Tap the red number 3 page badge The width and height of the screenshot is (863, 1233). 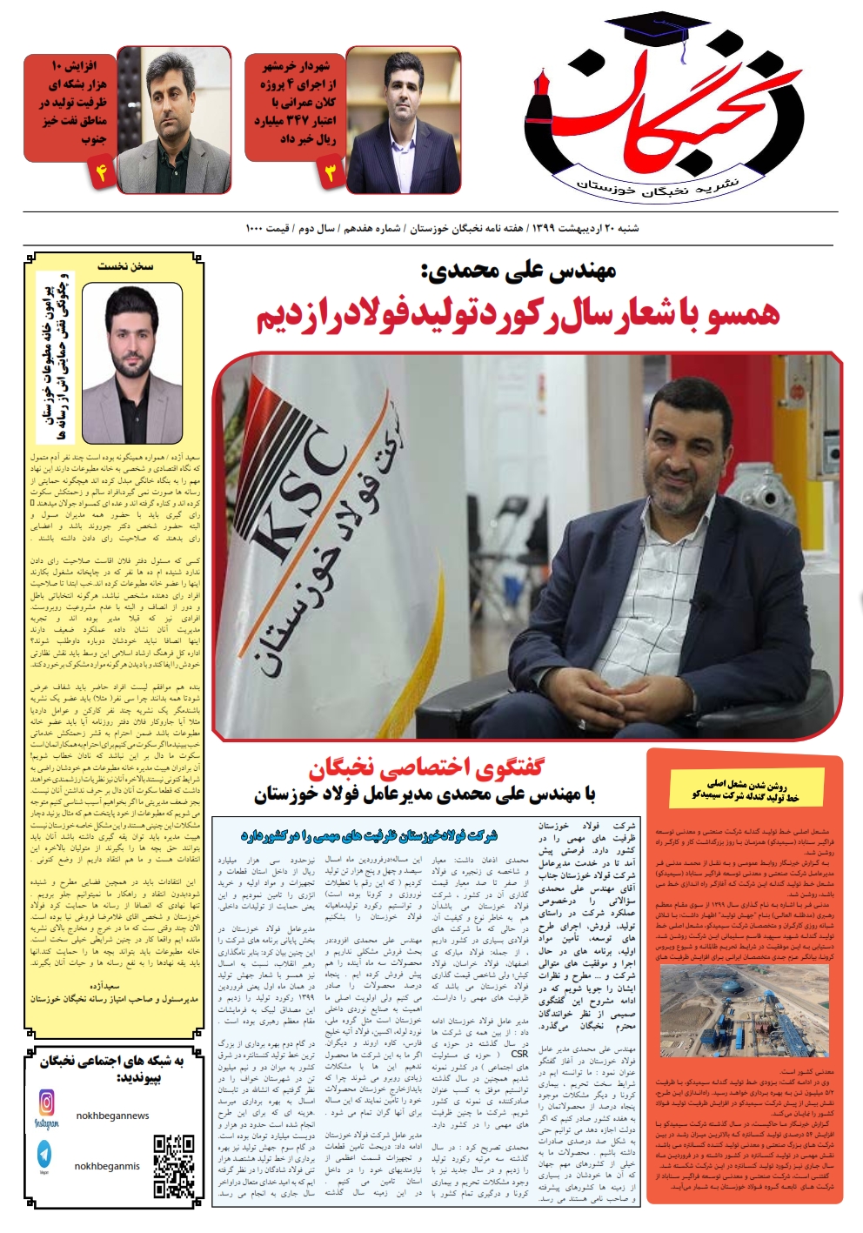(x=330, y=172)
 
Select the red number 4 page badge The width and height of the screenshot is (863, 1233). (x=100, y=172)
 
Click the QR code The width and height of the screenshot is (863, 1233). (x=173, y=1166)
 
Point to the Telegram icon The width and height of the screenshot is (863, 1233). (x=45, y=1154)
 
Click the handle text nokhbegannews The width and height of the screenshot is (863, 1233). (x=112, y=1116)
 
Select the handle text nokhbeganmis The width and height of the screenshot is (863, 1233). (x=107, y=1166)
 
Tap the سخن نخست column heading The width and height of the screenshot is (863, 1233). (x=125, y=265)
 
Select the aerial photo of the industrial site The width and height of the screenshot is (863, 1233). (x=746, y=1010)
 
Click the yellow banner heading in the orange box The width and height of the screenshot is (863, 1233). (x=746, y=790)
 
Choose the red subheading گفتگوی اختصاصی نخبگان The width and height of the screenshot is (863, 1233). (x=425, y=767)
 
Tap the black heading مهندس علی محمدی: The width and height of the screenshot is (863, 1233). (x=519, y=271)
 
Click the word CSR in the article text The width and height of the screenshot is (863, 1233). (x=519, y=1054)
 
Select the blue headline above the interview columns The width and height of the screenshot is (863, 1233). (x=370, y=836)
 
